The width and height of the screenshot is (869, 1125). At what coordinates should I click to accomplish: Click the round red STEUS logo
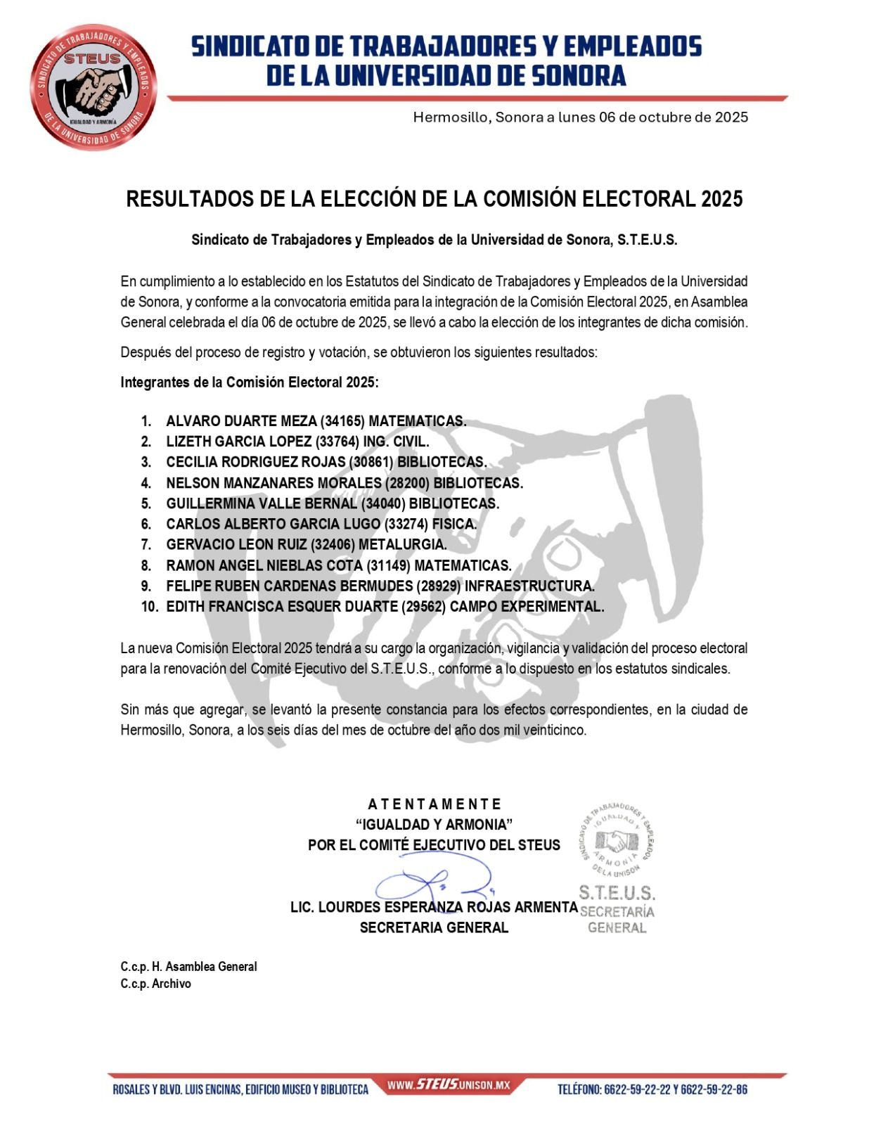(x=93, y=89)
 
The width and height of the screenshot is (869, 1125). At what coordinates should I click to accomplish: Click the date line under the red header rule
(x=580, y=117)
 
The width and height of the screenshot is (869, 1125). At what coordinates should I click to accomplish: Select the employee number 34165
(x=342, y=421)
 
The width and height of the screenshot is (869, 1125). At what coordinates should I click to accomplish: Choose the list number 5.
(x=146, y=503)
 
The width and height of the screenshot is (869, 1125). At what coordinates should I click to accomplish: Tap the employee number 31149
(x=388, y=565)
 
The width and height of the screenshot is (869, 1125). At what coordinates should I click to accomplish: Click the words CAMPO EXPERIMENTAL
(x=527, y=606)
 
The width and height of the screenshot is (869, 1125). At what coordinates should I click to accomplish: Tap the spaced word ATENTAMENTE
(x=434, y=804)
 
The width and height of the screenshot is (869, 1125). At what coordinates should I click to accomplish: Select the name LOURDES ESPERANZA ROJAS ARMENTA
(x=448, y=907)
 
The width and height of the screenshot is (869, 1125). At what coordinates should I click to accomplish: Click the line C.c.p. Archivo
(x=155, y=984)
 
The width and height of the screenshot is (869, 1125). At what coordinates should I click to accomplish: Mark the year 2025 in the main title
(x=721, y=200)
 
